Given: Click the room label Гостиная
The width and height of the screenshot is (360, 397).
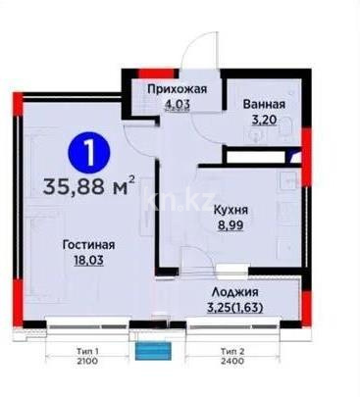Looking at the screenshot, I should [x=91, y=245].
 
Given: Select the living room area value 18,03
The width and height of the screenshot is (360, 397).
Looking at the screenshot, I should [x=91, y=260].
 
